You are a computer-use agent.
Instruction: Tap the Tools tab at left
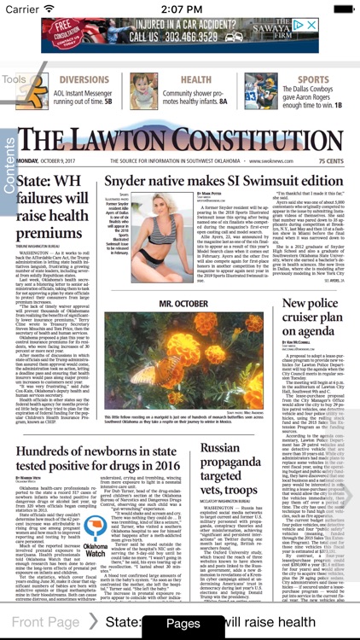(x=14, y=80)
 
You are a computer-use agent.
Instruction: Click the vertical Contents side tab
(x=9, y=161)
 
